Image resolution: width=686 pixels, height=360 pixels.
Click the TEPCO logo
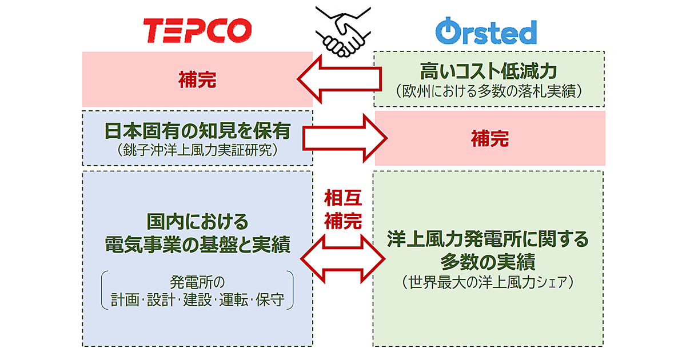coord(197,31)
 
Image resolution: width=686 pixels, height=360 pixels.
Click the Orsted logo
coord(486,32)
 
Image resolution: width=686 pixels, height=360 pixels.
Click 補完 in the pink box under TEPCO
coord(197,80)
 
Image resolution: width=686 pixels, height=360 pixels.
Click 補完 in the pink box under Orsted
coord(489,139)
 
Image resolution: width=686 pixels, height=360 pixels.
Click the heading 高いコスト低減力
coord(489,72)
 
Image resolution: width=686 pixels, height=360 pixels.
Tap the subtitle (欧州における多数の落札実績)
coord(489,91)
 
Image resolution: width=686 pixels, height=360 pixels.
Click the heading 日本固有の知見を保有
coord(197,131)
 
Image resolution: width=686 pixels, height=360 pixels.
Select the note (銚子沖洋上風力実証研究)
coord(197,150)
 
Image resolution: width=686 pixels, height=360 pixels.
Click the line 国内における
coord(197,221)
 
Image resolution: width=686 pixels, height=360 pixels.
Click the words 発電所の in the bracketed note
coord(197,282)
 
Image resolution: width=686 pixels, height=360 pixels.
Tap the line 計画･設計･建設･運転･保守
coord(197,300)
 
